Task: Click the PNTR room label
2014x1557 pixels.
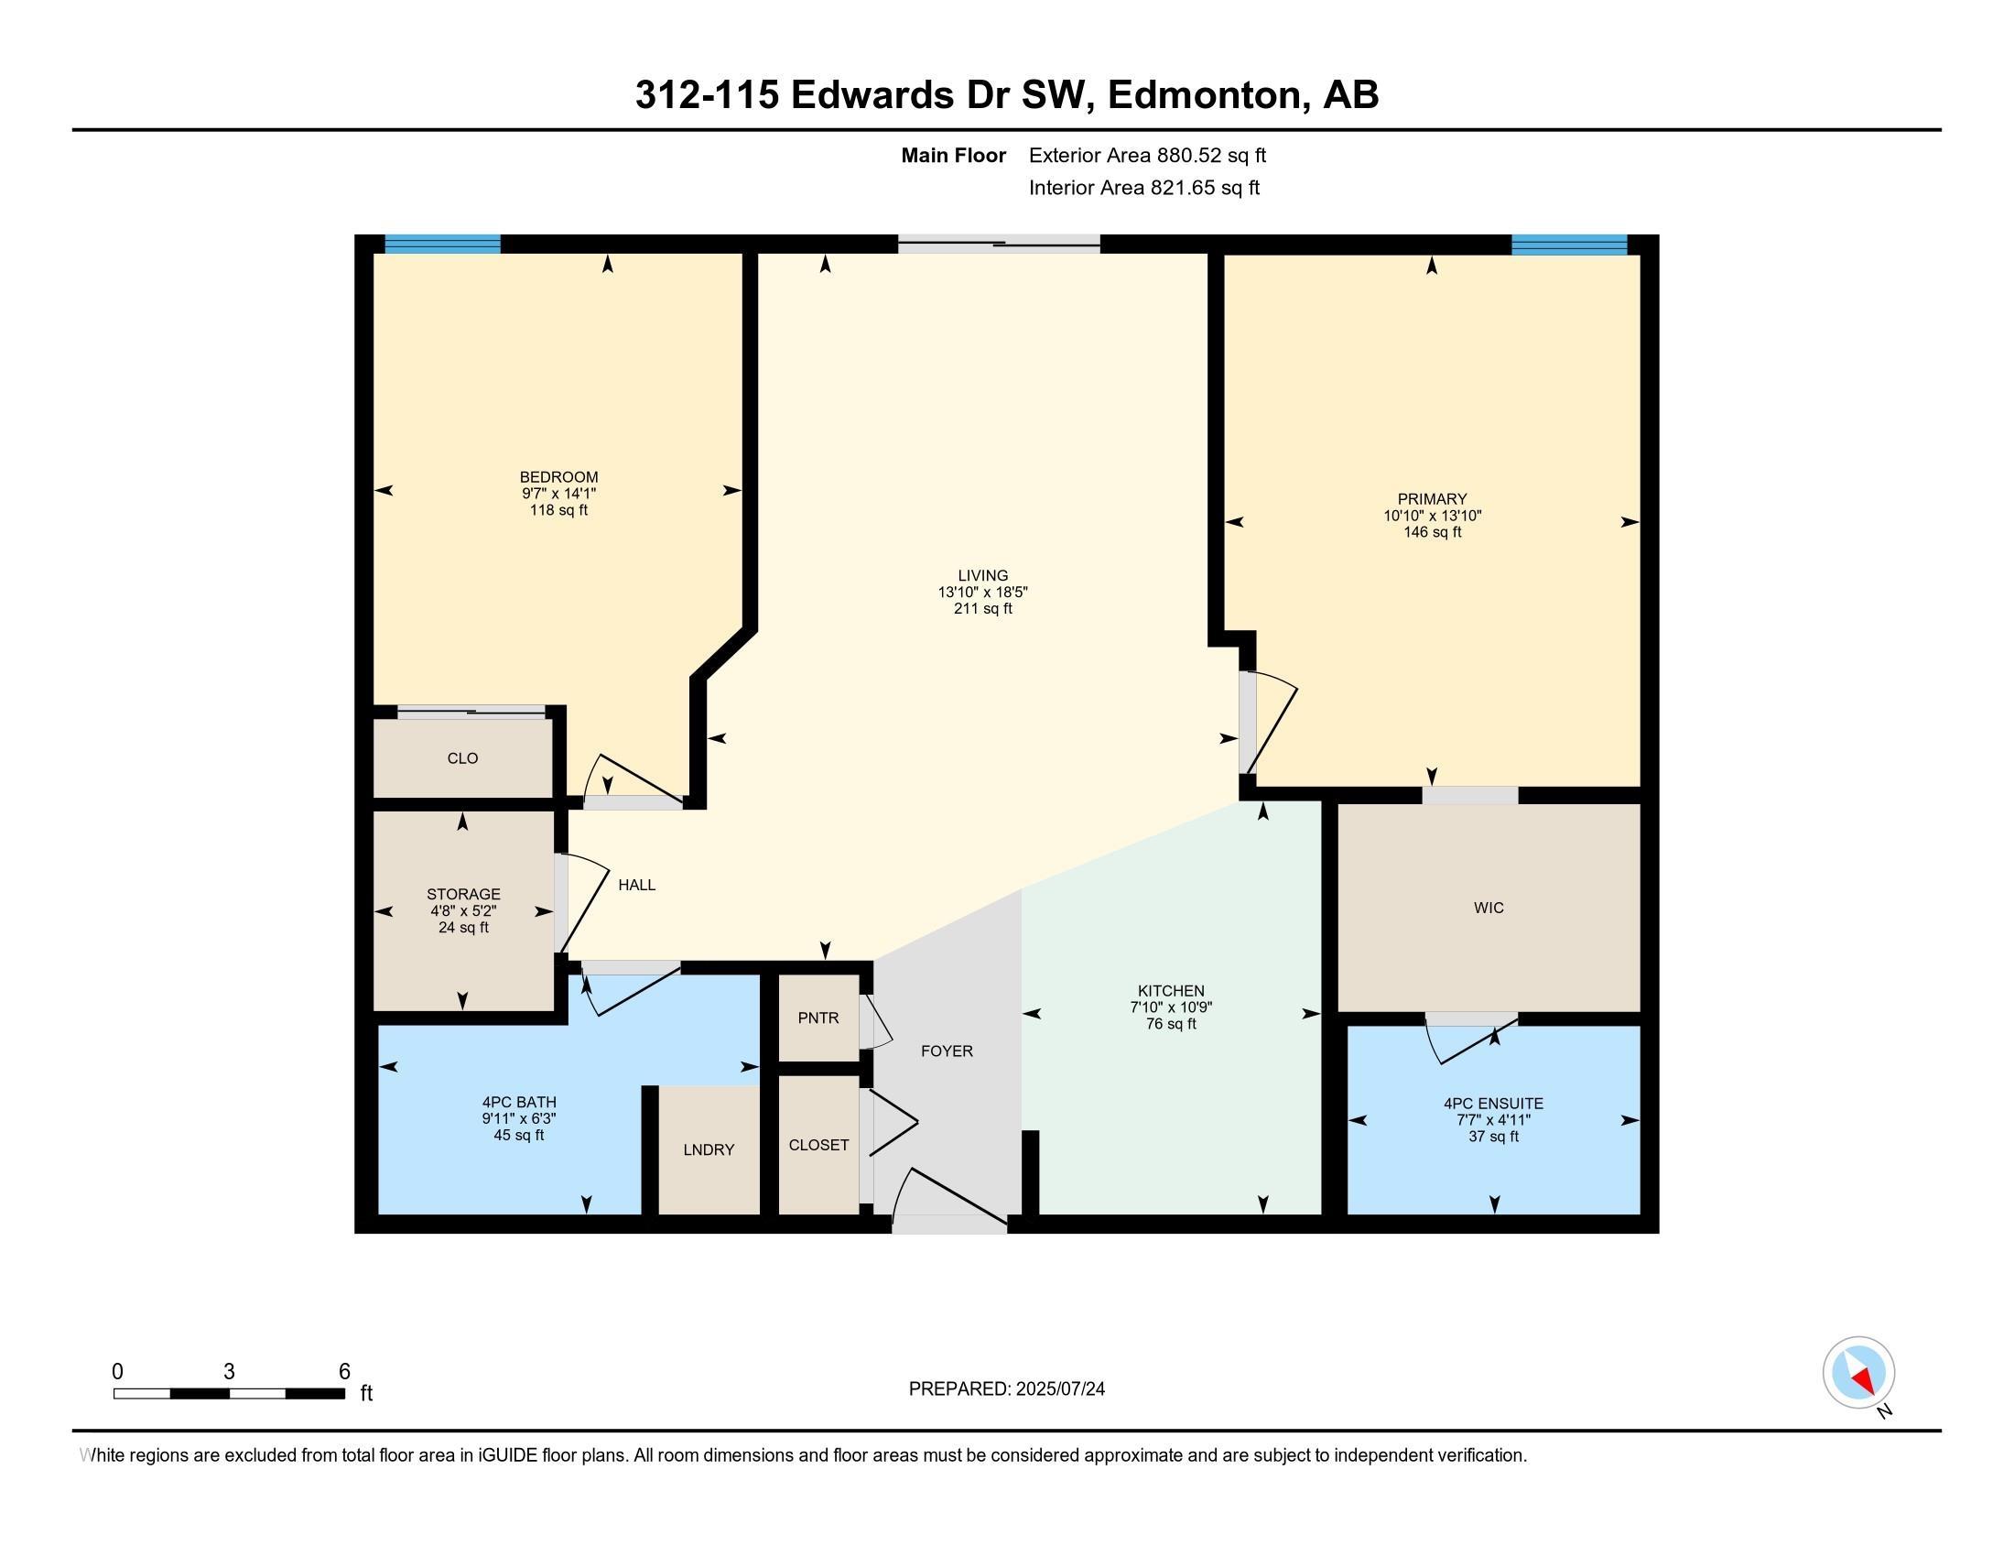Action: click(818, 1018)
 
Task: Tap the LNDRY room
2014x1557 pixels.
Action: click(709, 1149)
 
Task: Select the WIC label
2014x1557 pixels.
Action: click(1489, 908)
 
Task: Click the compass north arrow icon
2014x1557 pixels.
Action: click(1858, 1373)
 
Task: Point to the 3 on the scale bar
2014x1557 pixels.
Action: click(229, 1372)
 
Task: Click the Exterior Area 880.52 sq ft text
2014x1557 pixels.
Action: click(1147, 156)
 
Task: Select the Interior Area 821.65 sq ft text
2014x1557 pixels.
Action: click(1143, 188)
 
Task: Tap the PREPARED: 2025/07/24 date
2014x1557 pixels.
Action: click(1006, 1389)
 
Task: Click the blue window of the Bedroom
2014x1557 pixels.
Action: click(442, 245)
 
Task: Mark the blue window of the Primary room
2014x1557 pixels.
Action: click(1568, 245)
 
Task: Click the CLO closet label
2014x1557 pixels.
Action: click(462, 758)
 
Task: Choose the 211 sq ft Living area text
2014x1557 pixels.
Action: click(982, 609)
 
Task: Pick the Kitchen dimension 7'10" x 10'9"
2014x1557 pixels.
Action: click(1170, 1008)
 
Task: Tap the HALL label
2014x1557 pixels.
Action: click(636, 885)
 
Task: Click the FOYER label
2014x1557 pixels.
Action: click(947, 1051)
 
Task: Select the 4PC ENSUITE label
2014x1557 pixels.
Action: click(1492, 1104)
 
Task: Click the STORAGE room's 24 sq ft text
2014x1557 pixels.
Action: click(463, 927)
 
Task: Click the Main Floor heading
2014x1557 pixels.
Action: click(953, 156)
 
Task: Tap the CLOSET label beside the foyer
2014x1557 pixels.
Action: click(818, 1145)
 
